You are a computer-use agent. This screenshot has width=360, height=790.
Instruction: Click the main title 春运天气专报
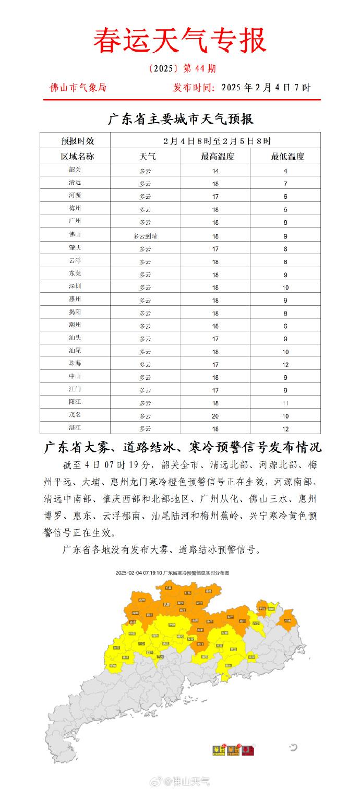point(180,41)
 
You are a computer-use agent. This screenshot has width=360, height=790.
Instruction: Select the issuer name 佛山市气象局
point(78,88)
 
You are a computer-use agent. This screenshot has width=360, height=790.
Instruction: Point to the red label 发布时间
point(193,88)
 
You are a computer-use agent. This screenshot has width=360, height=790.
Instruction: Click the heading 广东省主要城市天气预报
point(180,119)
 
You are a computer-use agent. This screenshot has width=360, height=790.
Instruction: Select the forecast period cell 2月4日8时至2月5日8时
point(215,141)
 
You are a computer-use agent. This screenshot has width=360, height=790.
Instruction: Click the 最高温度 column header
point(215,156)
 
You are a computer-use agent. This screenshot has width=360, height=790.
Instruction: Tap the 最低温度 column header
point(285,156)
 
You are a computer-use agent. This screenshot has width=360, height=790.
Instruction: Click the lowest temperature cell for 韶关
point(285,171)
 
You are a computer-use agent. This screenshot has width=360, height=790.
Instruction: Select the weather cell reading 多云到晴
point(145,235)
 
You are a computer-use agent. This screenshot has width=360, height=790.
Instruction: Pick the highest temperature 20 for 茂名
point(215,416)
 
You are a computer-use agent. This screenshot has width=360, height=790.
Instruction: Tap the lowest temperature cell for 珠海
point(285,364)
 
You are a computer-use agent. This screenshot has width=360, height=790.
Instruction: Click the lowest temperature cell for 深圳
point(285,287)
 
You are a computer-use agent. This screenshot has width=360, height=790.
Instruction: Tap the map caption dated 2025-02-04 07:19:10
point(172,572)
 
